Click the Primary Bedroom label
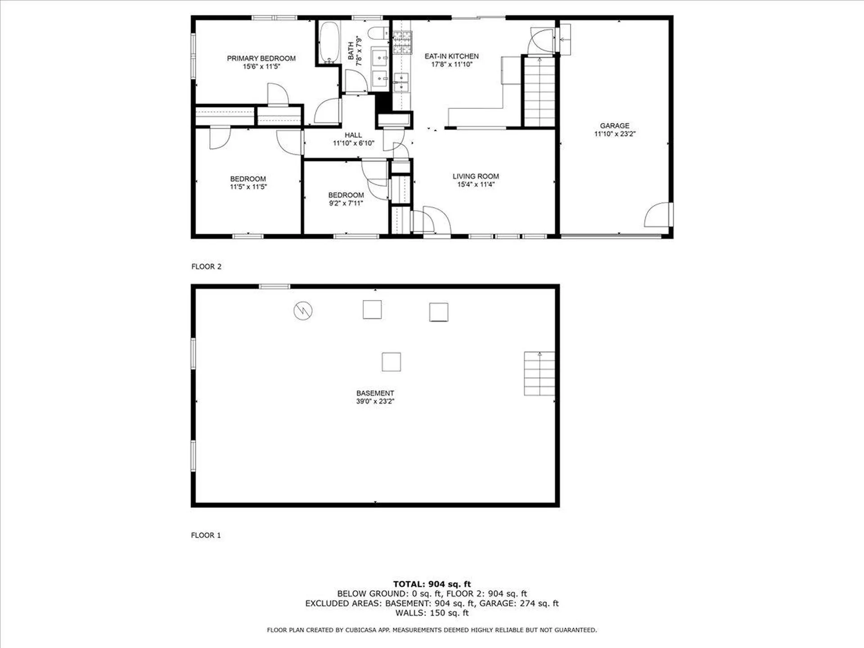click(x=261, y=58)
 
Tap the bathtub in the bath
click(x=329, y=43)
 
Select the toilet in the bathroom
click(x=377, y=33)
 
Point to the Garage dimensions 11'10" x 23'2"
click(x=615, y=134)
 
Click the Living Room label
click(x=476, y=176)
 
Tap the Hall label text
click(x=353, y=135)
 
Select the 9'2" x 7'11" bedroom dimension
click(x=346, y=203)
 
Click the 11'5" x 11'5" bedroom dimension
click(x=248, y=187)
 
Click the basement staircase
click(x=539, y=373)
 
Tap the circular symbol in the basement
click(x=303, y=310)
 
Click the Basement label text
click(x=375, y=393)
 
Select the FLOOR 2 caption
click(x=207, y=266)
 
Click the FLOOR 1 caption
click(x=206, y=535)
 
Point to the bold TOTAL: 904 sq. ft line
click(x=432, y=584)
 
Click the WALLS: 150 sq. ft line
click(x=432, y=613)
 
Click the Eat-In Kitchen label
click(x=451, y=56)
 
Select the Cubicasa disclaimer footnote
click(x=432, y=630)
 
